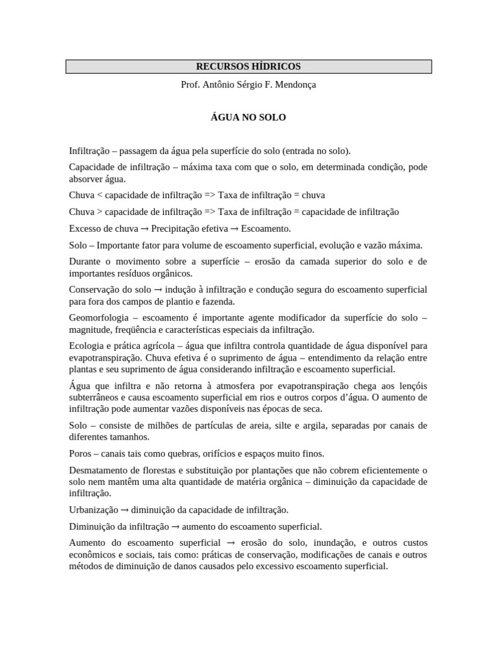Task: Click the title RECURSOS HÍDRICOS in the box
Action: [248, 66]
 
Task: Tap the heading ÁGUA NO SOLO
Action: [248, 118]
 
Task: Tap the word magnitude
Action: [89, 330]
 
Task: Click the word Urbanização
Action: [94, 510]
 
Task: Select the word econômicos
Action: [92, 554]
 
